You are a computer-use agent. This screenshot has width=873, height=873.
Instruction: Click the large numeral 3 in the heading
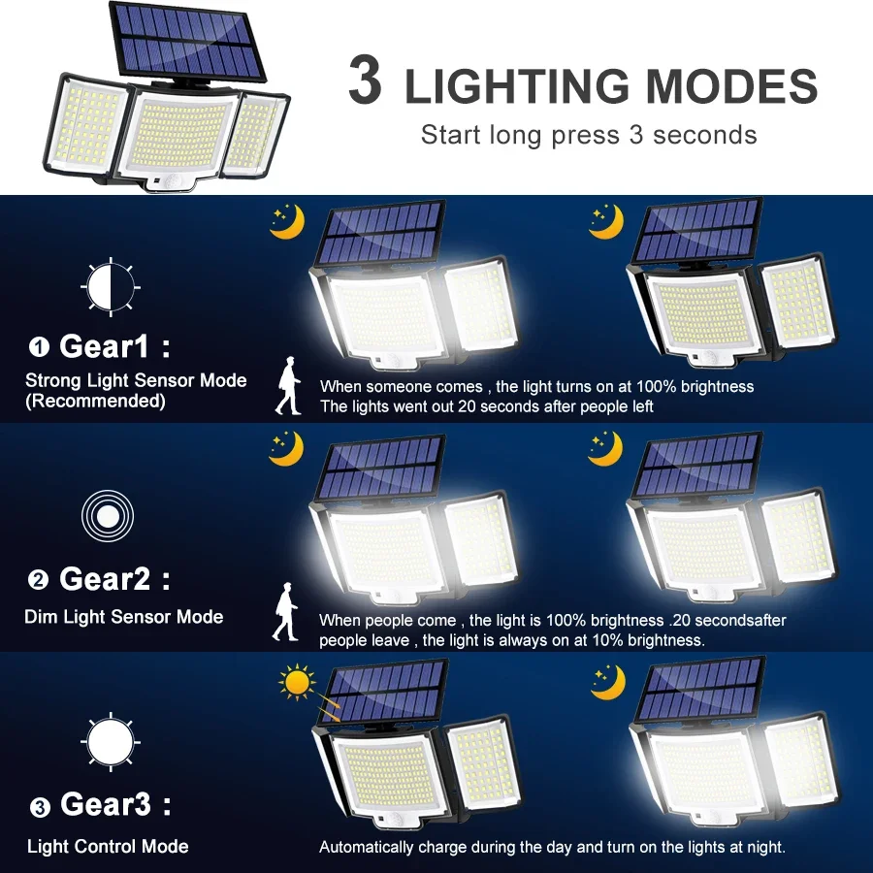(x=366, y=80)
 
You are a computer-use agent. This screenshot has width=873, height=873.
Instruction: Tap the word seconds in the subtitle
(x=704, y=135)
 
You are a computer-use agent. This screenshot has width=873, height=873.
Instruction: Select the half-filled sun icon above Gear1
(x=111, y=287)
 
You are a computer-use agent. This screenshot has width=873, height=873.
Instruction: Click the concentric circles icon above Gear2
(x=108, y=516)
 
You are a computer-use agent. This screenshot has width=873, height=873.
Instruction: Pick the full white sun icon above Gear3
(x=111, y=742)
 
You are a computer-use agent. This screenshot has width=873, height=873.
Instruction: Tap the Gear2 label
(x=105, y=579)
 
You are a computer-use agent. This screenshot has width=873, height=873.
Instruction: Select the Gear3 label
(x=105, y=804)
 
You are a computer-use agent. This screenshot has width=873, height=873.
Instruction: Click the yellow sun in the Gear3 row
(x=297, y=682)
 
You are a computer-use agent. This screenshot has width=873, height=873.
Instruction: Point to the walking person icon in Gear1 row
(x=288, y=385)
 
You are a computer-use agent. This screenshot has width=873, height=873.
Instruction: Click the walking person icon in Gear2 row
(x=285, y=611)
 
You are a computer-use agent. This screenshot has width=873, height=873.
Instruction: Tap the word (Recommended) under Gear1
(x=95, y=402)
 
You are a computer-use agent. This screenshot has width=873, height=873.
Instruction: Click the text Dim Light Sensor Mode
(x=123, y=617)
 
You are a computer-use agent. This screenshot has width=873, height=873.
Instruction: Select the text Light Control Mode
(x=108, y=847)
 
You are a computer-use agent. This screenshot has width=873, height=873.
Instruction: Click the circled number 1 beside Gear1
(x=39, y=347)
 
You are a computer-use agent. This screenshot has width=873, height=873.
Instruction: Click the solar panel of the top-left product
(x=188, y=41)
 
